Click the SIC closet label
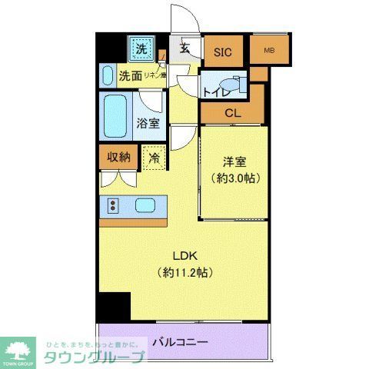(x=222, y=52)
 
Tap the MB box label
(x=268, y=51)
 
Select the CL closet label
(x=231, y=112)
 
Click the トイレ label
(x=214, y=91)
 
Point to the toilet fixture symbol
(x=230, y=83)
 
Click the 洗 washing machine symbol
(x=141, y=50)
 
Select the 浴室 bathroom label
(x=148, y=122)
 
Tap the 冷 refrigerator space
(x=154, y=158)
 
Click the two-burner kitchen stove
(x=113, y=205)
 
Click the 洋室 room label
(x=234, y=162)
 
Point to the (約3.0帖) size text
(x=234, y=178)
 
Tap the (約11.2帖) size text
(x=184, y=272)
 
